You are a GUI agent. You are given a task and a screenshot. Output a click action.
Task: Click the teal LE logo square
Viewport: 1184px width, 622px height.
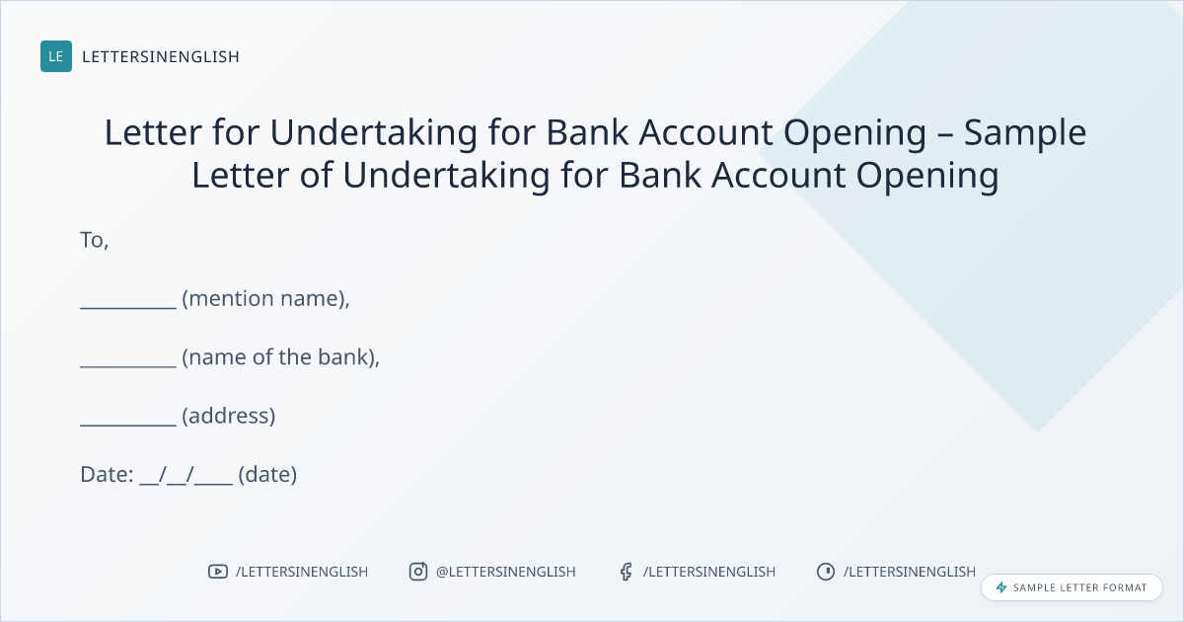(x=56, y=56)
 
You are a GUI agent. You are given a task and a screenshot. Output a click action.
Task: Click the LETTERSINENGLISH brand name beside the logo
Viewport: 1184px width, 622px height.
(x=161, y=56)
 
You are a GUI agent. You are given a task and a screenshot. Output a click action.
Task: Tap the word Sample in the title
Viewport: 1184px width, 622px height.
(x=1025, y=132)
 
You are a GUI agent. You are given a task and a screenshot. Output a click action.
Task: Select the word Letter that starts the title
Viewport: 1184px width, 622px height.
(x=153, y=132)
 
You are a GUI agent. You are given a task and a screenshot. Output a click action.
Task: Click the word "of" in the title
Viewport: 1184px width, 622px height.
(x=316, y=175)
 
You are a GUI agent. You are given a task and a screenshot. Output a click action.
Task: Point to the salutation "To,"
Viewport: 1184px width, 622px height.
(x=94, y=240)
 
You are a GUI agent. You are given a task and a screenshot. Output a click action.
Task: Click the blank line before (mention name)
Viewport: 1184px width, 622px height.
(x=128, y=308)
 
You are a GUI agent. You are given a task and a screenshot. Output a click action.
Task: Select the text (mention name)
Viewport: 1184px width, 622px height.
(x=264, y=298)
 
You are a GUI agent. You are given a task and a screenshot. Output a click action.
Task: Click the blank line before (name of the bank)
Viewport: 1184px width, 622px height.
(x=128, y=366)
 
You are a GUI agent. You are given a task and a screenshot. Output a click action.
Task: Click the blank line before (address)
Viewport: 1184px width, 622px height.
(x=128, y=426)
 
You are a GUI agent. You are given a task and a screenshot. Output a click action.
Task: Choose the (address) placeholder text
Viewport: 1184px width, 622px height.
(x=229, y=416)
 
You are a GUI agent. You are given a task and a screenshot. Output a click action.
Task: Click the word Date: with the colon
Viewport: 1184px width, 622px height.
(x=107, y=475)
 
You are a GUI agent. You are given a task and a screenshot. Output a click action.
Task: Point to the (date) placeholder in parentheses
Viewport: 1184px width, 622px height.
(x=267, y=475)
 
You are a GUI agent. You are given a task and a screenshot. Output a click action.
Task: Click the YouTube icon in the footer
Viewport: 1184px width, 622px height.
(x=218, y=572)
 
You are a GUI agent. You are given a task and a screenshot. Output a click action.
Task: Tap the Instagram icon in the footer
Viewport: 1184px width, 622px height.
(x=418, y=572)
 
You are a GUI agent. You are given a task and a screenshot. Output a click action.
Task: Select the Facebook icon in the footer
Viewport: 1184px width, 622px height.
(x=627, y=572)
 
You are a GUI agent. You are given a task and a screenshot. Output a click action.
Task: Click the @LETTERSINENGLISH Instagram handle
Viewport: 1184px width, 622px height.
(x=506, y=572)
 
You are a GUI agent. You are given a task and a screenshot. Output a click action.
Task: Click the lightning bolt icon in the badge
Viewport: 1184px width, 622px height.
(x=1001, y=587)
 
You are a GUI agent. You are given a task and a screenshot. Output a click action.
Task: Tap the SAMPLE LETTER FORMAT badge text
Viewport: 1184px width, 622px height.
(x=1079, y=587)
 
